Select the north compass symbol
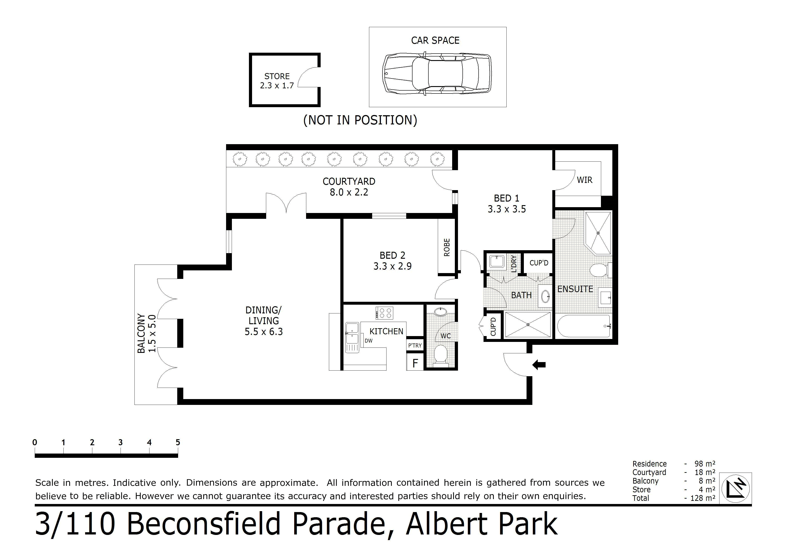(735, 488)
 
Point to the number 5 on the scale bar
(178, 442)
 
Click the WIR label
(584, 180)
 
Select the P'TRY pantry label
(415, 345)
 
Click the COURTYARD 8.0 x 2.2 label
(349, 187)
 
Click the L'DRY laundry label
(514, 263)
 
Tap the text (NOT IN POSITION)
(360, 120)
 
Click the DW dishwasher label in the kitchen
(369, 341)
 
